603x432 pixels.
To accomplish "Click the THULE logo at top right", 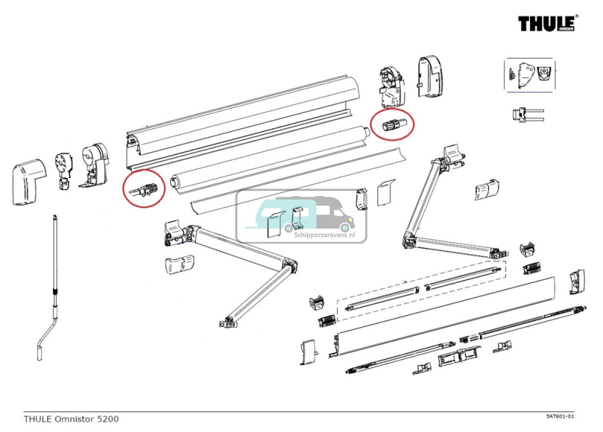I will [x=548, y=24].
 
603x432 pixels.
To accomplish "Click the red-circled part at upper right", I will [x=392, y=125].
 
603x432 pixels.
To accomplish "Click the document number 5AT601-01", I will [x=559, y=417].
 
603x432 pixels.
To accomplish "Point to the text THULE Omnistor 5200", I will [x=71, y=419].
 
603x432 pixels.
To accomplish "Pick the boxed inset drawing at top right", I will [x=528, y=75].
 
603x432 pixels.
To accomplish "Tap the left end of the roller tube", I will [x=174, y=182].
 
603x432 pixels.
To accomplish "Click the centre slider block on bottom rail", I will [x=458, y=355].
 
